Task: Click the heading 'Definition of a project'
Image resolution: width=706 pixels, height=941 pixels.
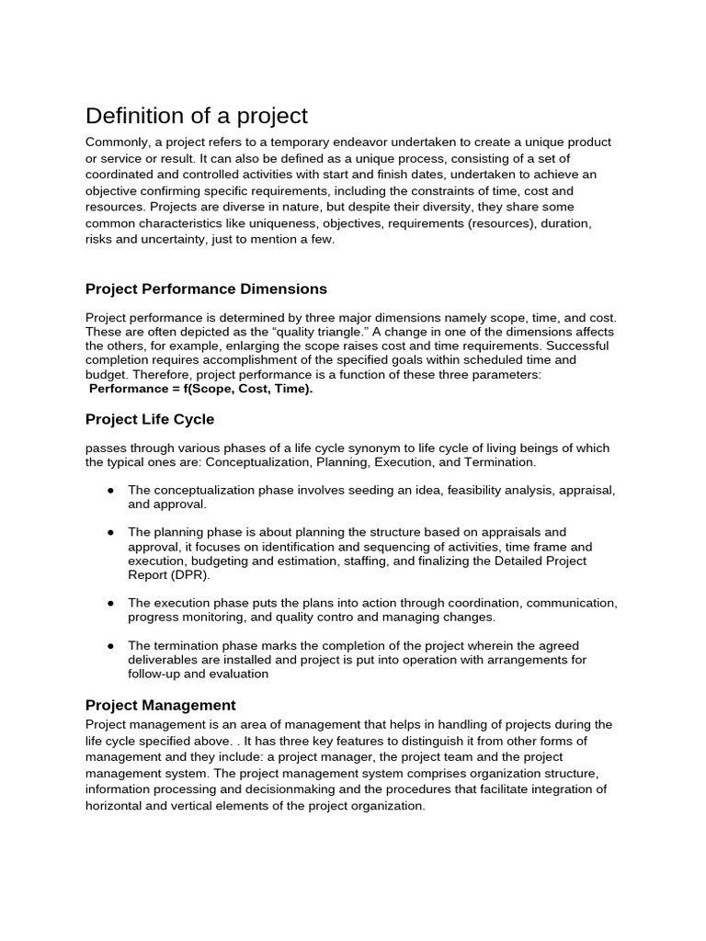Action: click(197, 116)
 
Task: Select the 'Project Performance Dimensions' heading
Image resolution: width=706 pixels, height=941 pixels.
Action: click(206, 289)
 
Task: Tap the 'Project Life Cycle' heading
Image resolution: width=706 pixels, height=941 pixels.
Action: click(150, 419)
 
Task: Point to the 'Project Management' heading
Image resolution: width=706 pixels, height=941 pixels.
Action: click(161, 706)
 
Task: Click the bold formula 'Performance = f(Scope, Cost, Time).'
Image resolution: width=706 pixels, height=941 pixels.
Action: click(200, 389)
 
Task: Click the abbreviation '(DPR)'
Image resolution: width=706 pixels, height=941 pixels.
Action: click(191, 574)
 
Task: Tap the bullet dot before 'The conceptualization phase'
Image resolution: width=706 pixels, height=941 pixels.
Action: click(110, 491)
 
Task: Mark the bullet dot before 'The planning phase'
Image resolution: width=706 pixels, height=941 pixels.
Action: click(110, 532)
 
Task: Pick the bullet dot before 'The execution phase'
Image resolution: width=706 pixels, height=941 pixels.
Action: click(110, 603)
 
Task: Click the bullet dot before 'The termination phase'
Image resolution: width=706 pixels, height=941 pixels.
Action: click(110, 645)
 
